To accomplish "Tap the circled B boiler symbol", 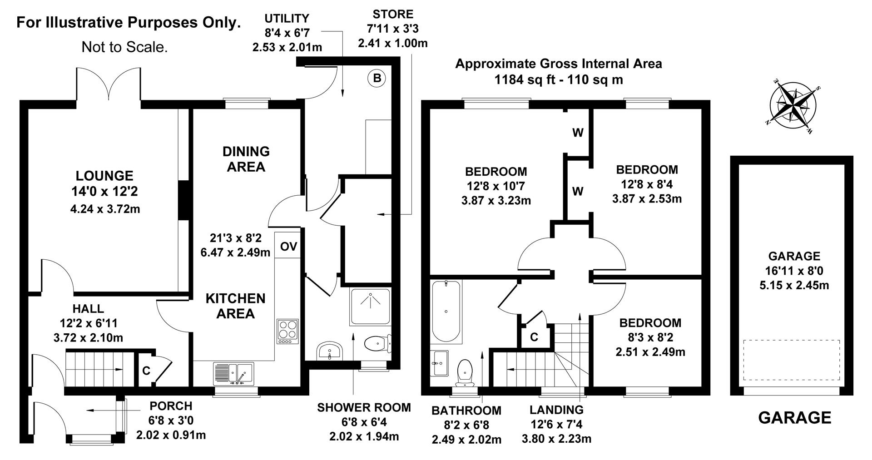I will click(377, 79).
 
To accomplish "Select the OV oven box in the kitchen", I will click(288, 247).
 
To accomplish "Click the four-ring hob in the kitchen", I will click(287, 331).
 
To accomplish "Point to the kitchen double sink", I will click(233, 373).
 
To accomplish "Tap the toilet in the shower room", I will click(377, 343).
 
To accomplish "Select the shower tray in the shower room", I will click(371, 306).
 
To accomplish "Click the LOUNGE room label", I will click(104, 176).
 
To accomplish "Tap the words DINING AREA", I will click(246, 159).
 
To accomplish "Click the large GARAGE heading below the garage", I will click(795, 417).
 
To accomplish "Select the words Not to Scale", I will click(124, 47).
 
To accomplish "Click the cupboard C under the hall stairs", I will click(146, 371).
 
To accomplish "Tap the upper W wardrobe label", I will click(578, 133).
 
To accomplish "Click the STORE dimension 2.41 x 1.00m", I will click(392, 44).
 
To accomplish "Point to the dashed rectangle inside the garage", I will click(791, 360).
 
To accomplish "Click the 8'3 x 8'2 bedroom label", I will click(650, 337).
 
